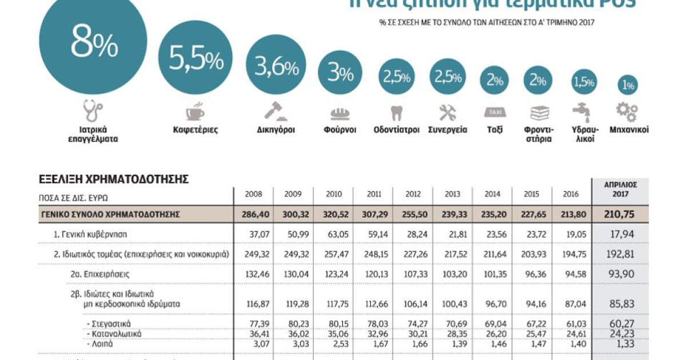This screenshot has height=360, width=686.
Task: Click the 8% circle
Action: pos(94,46)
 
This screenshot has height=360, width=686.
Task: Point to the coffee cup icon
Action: pos(196,111)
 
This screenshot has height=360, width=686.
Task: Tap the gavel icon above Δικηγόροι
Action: pos(276,110)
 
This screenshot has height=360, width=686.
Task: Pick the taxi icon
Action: pos(495,111)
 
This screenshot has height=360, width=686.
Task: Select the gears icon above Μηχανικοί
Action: pos(628,111)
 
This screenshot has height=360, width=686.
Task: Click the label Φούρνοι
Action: pos(340,130)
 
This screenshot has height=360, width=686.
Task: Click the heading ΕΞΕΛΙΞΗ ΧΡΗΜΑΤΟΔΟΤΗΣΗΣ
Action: pos(114,179)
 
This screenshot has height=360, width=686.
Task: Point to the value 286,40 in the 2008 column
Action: pos(253,214)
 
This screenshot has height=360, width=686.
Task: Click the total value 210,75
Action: pos(620,214)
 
